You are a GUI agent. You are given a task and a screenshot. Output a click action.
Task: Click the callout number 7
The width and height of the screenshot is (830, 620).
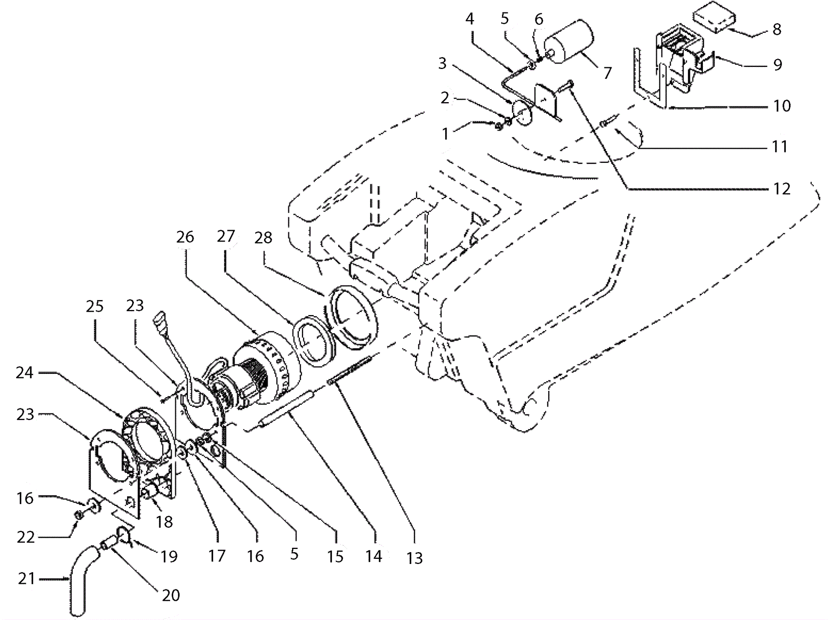(607, 73)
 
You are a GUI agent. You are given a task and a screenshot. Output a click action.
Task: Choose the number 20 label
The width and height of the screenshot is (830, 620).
(171, 596)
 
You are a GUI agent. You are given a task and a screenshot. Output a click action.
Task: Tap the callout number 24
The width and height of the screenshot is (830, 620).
(24, 373)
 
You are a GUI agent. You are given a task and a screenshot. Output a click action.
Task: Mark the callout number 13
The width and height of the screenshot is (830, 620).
(414, 558)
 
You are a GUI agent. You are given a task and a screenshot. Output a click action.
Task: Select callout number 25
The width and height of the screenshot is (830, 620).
(94, 306)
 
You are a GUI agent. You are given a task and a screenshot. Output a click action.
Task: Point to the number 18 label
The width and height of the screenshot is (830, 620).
(164, 522)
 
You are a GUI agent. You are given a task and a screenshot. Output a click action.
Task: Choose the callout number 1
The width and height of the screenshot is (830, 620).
(445, 134)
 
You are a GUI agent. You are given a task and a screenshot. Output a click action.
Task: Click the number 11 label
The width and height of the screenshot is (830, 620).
(780, 147)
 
